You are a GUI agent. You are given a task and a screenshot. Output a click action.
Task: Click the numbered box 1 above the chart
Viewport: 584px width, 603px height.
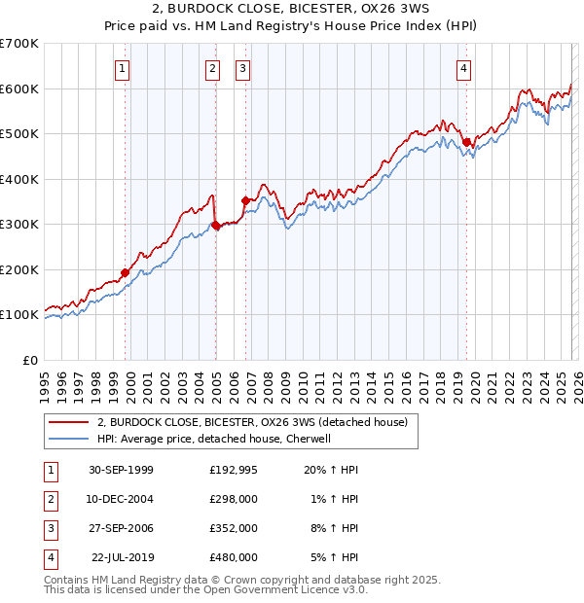pyautogui.click(x=123, y=68)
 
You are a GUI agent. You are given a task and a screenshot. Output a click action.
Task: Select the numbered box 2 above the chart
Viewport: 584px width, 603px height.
pyautogui.click(x=212, y=68)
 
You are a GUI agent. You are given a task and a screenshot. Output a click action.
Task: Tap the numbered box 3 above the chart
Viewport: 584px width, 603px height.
pyautogui.click(x=242, y=68)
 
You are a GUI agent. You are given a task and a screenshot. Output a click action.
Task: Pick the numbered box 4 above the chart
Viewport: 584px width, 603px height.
pyautogui.click(x=464, y=68)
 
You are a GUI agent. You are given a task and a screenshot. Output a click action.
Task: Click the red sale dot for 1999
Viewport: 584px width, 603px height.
pyautogui.click(x=126, y=273)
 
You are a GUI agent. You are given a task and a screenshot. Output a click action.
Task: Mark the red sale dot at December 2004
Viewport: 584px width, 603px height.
pyautogui.click(x=215, y=226)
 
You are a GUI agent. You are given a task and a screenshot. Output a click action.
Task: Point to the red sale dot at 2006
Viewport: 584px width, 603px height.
pyautogui.click(x=245, y=201)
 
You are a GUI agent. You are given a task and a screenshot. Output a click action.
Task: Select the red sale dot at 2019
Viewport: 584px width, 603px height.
pyautogui.click(x=466, y=143)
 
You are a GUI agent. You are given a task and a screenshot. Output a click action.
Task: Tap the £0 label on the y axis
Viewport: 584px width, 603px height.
pyautogui.click(x=30, y=360)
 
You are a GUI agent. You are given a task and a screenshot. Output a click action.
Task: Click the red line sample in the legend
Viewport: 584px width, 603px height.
pyautogui.click(x=68, y=422)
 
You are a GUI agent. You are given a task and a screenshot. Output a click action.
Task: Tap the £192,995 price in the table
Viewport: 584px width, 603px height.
pyautogui.click(x=233, y=469)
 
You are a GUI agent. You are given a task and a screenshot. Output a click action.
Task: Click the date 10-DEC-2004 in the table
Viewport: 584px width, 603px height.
pyautogui.click(x=121, y=499)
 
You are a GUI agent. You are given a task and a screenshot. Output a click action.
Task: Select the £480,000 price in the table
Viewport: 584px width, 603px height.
pyautogui.click(x=233, y=558)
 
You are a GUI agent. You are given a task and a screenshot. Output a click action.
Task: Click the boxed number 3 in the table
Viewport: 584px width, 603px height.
pyautogui.click(x=50, y=528)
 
